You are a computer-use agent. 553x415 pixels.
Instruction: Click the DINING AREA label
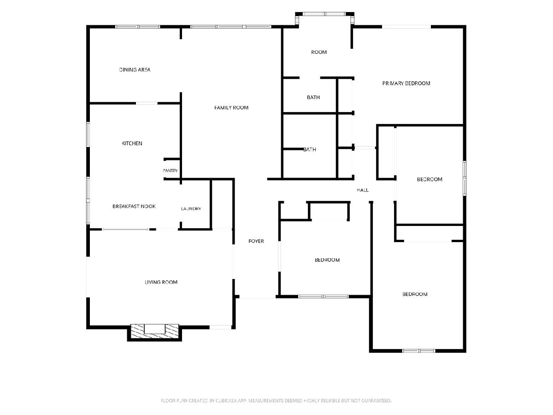click(135, 70)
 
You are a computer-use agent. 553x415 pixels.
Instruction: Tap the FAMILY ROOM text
click(231, 107)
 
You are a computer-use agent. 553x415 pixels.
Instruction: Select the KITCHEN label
click(132, 143)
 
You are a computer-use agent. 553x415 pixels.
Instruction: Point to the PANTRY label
click(171, 171)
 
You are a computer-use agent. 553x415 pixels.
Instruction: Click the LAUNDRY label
click(191, 208)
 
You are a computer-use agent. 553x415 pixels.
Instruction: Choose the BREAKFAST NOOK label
click(134, 207)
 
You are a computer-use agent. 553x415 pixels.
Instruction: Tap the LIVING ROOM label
click(161, 282)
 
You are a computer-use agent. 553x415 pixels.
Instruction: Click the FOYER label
click(256, 241)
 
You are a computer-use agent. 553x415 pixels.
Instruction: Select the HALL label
click(363, 190)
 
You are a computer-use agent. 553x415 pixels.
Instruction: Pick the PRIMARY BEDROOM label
click(406, 83)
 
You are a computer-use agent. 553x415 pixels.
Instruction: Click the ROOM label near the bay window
click(319, 52)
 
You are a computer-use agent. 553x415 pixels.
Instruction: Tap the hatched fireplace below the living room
click(154, 331)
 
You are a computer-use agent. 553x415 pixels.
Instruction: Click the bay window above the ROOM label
click(324, 14)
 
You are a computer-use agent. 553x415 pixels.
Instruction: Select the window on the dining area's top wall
click(137, 27)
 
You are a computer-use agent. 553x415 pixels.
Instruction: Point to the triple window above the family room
click(231, 27)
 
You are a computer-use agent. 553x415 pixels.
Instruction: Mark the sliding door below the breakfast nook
click(125, 229)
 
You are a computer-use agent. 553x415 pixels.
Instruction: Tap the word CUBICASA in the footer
click(226, 401)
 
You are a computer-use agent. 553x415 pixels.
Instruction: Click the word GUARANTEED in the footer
click(377, 401)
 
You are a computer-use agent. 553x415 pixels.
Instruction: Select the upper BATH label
click(313, 97)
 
